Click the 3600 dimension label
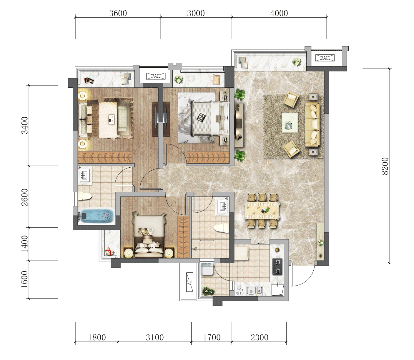118,13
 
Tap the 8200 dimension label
385,166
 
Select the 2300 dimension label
260,337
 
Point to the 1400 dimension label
25,244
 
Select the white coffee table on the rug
290,123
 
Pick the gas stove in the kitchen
277,266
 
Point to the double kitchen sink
255,291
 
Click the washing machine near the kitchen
206,269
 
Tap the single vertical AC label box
189,282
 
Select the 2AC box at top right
325,58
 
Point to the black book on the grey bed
201,117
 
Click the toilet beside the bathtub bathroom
85,196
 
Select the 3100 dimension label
155,337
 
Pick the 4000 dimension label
279,13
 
